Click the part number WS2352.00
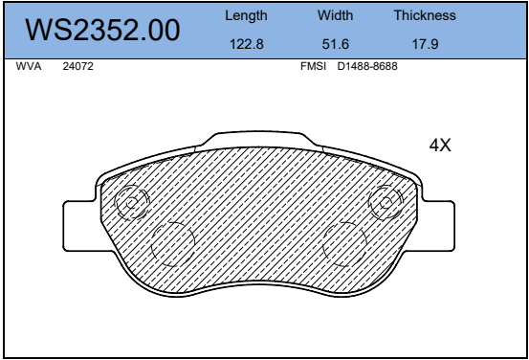102,30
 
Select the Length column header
246,16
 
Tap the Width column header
335,15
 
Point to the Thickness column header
425,15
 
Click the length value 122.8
246,44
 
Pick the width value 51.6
336,44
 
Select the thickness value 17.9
425,44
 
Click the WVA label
29,66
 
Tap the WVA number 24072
77,66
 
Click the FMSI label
313,66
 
